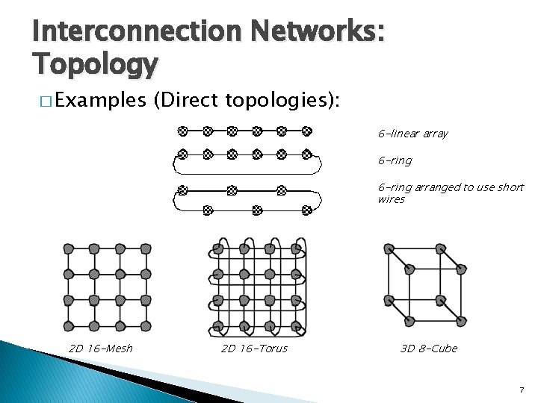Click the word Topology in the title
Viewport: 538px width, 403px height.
(95, 66)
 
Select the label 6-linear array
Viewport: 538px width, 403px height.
(412, 134)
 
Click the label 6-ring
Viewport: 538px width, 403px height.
(395, 160)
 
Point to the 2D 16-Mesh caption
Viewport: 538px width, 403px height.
(100, 349)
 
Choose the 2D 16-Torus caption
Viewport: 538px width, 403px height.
(254, 349)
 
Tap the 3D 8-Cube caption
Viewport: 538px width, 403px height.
(428, 349)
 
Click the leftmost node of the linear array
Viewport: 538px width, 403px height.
(182, 131)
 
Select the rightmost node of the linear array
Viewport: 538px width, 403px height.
(306, 131)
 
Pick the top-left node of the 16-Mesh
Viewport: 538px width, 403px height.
(68, 248)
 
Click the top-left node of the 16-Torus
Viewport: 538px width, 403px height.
(218, 248)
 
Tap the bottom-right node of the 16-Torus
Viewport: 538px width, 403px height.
(296, 325)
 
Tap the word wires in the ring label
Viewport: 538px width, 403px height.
(391, 200)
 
